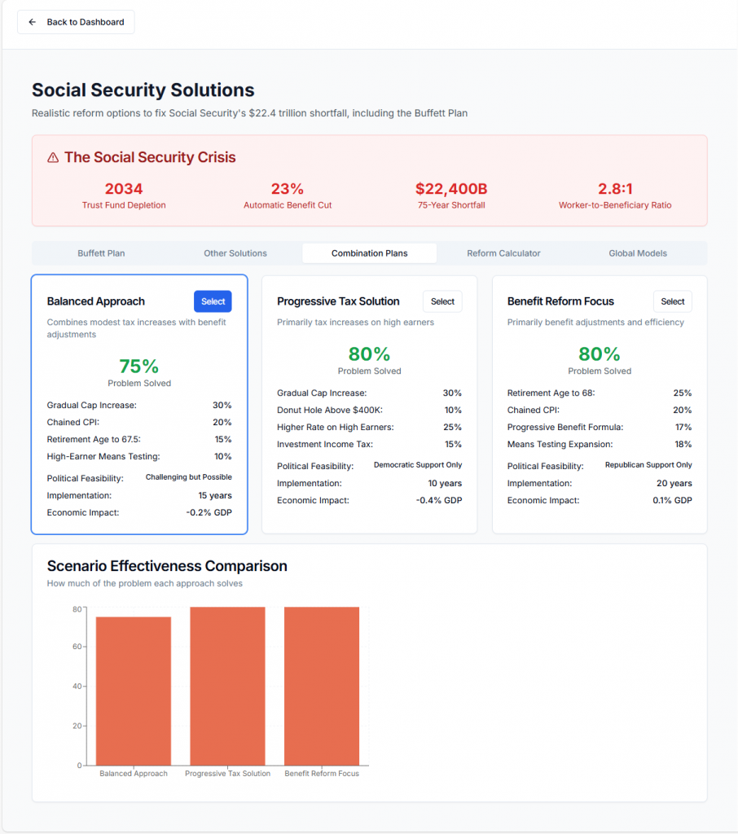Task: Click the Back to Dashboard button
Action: pyautogui.click(x=76, y=22)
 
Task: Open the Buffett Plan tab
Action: pyautogui.click(x=101, y=253)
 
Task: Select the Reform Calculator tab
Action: pyautogui.click(x=503, y=253)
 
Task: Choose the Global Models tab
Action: pyautogui.click(x=638, y=253)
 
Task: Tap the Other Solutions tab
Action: pyautogui.click(x=235, y=253)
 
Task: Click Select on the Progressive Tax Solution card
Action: pyautogui.click(x=442, y=301)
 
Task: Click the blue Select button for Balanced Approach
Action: pyautogui.click(x=213, y=301)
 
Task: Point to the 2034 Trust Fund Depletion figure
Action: pyautogui.click(x=124, y=189)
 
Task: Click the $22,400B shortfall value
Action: pyautogui.click(x=450, y=189)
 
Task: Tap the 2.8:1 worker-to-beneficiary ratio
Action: pyautogui.click(x=615, y=189)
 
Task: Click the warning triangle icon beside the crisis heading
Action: pyautogui.click(x=53, y=158)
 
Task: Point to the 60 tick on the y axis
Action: pyautogui.click(x=77, y=647)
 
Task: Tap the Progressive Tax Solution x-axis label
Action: pyautogui.click(x=228, y=774)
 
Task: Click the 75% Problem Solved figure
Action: pyautogui.click(x=139, y=367)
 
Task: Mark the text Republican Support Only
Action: pyautogui.click(x=648, y=465)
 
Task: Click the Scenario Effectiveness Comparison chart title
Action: pyautogui.click(x=167, y=566)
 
